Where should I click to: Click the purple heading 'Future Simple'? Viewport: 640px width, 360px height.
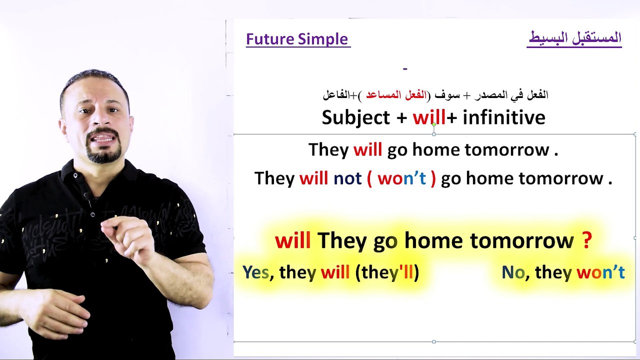tap(297, 39)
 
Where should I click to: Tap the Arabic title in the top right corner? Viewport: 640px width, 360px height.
tap(574, 38)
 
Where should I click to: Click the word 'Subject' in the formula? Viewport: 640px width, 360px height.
tap(355, 118)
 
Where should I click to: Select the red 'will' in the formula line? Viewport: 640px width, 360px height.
tap(428, 118)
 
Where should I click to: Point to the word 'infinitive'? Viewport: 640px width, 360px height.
tap(503, 118)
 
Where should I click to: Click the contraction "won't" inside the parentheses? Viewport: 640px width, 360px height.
tap(401, 178)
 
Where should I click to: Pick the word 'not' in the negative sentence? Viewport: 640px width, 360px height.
tap(347, 178)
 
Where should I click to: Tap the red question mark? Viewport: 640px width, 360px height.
tap(587, 241)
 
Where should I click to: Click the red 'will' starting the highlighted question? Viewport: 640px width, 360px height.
tap(292, 241)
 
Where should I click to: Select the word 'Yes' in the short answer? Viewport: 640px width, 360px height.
tap(255, 272)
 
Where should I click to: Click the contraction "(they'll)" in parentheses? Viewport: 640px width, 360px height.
tap(387, 272)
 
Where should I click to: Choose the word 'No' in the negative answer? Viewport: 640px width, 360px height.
tap(513, 272)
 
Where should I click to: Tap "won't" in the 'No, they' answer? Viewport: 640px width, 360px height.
tap(600, 272)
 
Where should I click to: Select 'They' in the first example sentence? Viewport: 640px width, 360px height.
tap(328, 150)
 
